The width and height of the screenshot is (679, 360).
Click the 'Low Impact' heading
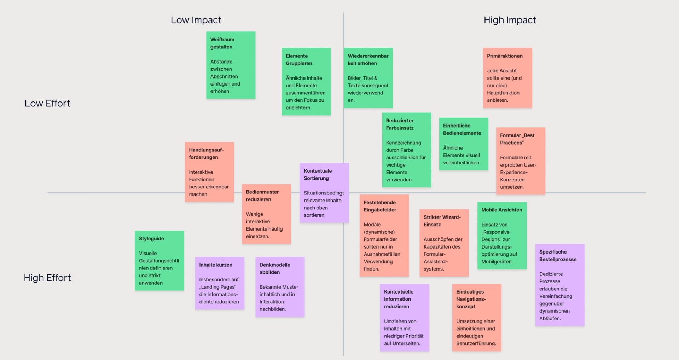click(196, 20)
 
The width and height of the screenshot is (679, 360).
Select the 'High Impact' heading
click(510, 20)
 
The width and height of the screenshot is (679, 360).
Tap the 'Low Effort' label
click(47, 103)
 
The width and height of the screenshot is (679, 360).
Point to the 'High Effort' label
click(47, 278)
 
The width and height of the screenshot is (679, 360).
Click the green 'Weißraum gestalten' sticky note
click(231, 65)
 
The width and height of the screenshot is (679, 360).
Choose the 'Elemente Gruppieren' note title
click(299, 59)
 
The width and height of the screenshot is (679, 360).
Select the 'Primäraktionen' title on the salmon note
click(505, 56)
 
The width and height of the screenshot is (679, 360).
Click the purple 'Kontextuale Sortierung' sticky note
click(324, 193)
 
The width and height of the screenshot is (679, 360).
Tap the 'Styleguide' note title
click(151, 238)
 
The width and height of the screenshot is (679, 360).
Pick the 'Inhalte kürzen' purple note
click(219, 283)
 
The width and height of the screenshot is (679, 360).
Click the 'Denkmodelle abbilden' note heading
click(275, 268)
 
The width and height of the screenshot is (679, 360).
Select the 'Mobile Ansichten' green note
click(501, 236)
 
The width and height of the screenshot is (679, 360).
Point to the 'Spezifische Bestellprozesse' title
click(558, 255)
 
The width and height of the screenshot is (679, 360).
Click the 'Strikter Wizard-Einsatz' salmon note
click(444, 243)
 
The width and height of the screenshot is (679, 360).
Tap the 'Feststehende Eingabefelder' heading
click(380, 206)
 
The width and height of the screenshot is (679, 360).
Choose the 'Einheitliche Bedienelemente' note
click(463, 144)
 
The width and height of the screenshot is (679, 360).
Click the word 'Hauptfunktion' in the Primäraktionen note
click(503, 93)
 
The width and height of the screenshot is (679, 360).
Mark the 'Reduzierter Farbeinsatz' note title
click(400, 124)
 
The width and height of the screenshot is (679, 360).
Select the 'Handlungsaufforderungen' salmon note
click(209, 172)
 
